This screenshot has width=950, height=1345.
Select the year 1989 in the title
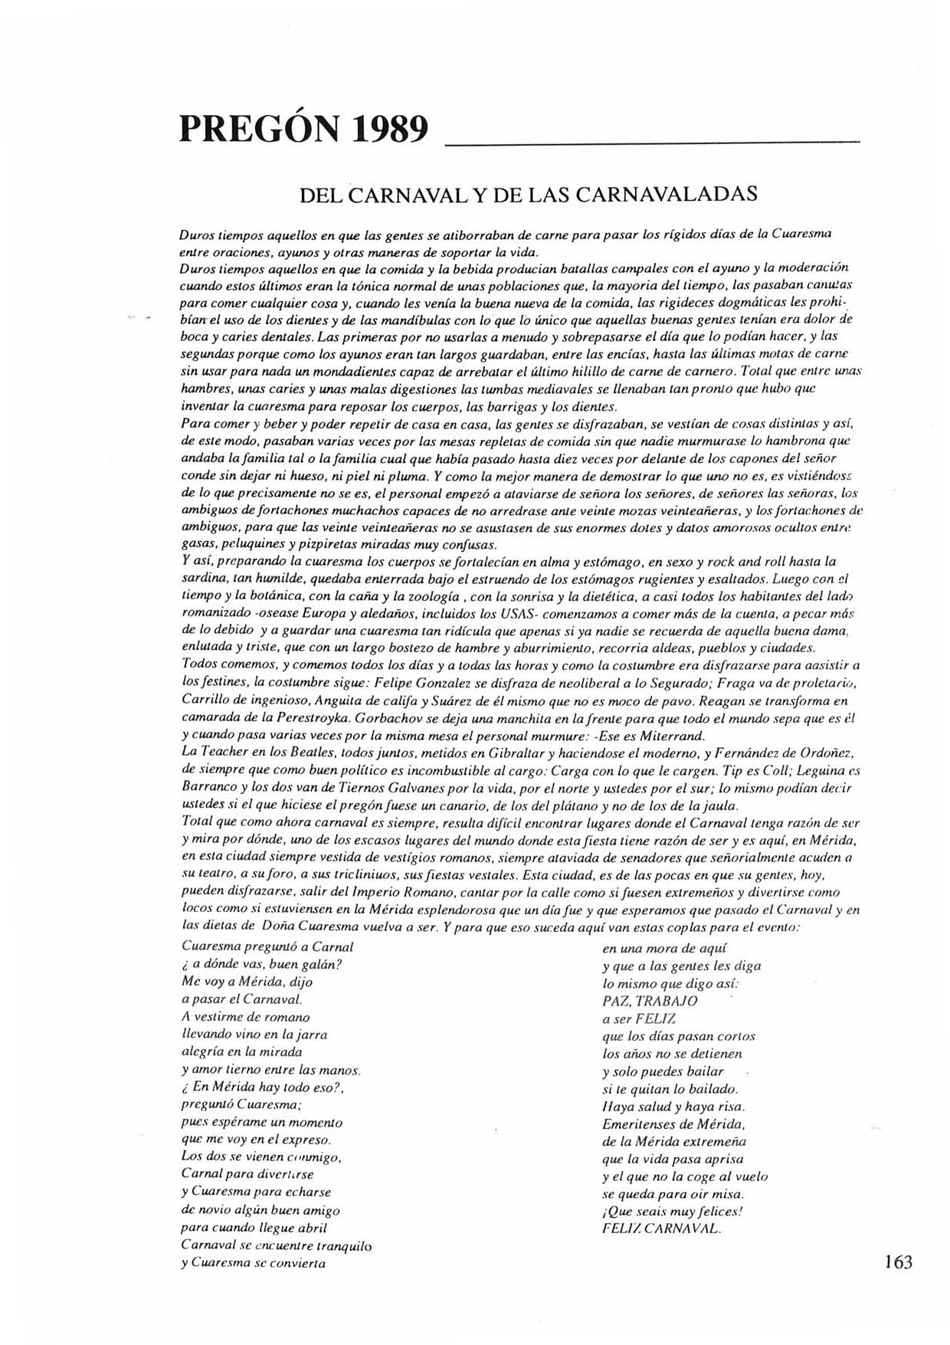tap(390, 130)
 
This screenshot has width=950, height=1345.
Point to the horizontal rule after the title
tap(652, 142)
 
